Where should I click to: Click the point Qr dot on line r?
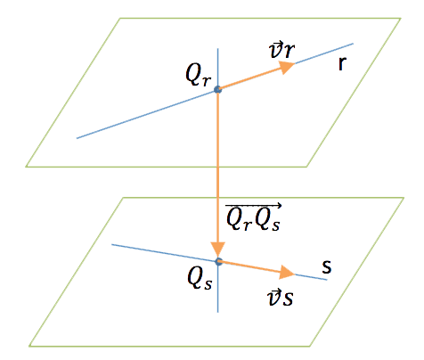tap(218, 89)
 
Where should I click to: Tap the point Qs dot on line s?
tap(218, 261)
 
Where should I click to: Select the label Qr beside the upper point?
tap(199, 75)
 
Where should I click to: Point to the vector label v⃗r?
tap(281, 51)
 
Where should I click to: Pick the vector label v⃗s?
tap(280, 298)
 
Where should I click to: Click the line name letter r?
tap(342, 63)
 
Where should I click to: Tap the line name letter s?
tap(327, 266)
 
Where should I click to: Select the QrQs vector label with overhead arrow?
tap(253, 217)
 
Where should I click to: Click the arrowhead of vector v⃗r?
tap(286, 67)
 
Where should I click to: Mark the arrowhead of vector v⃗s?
tap(287, 273)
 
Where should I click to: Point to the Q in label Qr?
tap(193, 73)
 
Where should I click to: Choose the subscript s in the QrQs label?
tap(275, 226)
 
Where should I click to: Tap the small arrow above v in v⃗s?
tap(273, 292)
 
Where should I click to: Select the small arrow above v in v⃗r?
tap(274, 45)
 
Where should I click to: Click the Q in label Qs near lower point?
tap(195, 279)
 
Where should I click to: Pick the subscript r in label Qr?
tap(207, 82)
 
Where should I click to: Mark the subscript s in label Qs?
tap(208, 285)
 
